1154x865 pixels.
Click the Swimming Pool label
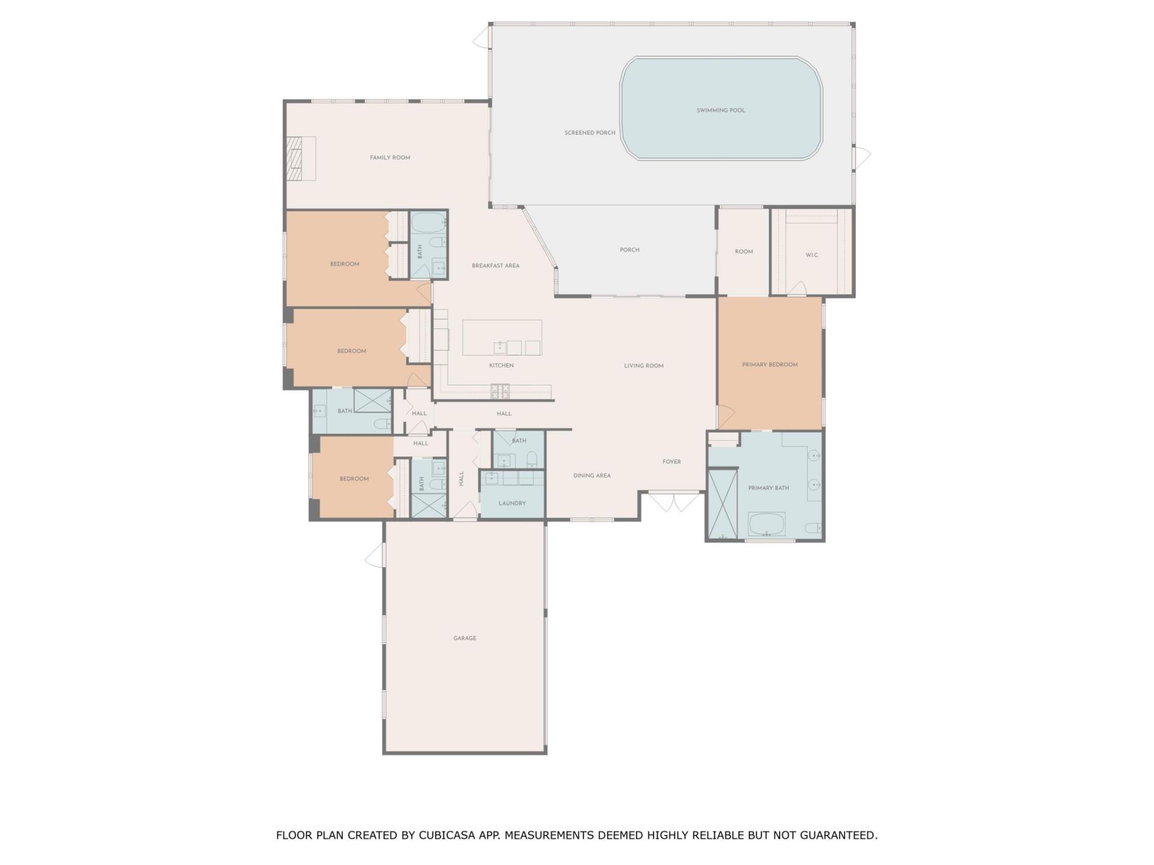[721, 111]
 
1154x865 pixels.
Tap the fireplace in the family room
[301, 159]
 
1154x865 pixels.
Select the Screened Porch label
[590, 133]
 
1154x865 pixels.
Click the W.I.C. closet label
[812, 255]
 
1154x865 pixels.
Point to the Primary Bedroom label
[769, 365]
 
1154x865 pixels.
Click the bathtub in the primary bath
[766, 524]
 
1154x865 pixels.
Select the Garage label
[465, 638]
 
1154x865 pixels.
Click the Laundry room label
[512, 503]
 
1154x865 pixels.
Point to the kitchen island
[502, 337]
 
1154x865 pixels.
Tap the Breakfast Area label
[495, 266]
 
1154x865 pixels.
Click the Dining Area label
[591, 476]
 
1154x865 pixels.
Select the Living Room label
[643, 366]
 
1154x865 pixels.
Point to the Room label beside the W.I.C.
[743, 252]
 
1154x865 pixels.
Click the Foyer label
[671, 462]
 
